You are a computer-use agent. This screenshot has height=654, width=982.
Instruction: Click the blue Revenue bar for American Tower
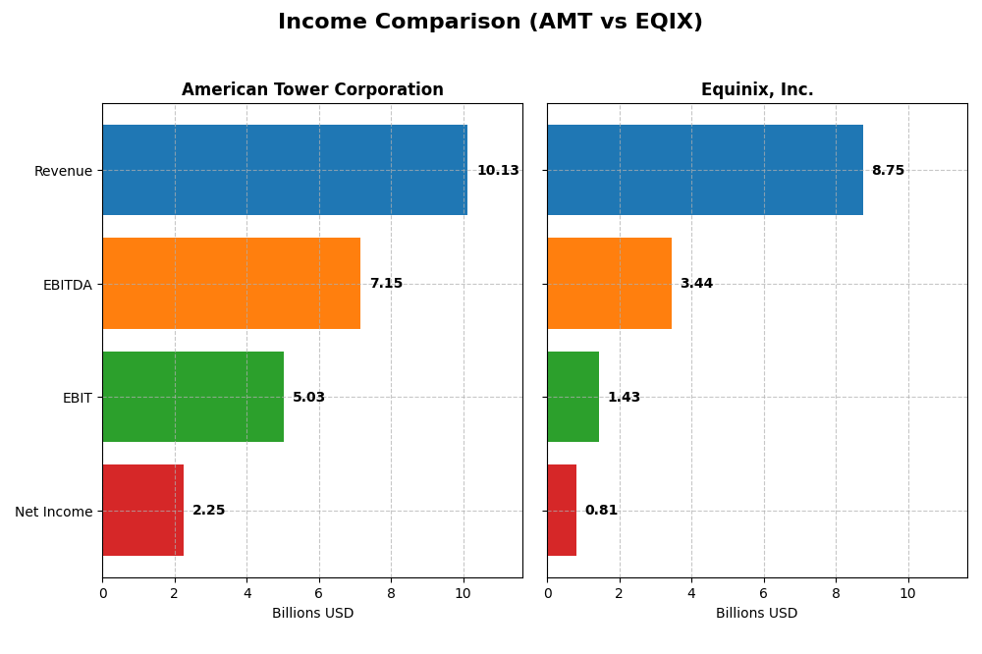(x=285, y=170)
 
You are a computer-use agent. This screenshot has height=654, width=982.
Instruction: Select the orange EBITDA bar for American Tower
(x=231, y=283)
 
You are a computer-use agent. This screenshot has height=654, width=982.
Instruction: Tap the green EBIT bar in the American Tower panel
(x=192, y=397)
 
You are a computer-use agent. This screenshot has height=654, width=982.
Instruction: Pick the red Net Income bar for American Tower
(x=142, y=510)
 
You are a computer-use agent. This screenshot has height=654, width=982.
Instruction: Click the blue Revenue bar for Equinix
(x=705, y=170)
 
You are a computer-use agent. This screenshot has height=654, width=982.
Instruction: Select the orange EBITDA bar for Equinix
(x=609, y=283)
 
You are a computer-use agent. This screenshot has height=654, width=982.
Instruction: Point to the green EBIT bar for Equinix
(x=573, y=397)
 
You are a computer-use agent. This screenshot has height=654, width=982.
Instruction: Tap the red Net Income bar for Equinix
(x=562, y=510)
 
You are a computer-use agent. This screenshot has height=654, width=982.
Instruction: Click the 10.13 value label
(x=498, y=171)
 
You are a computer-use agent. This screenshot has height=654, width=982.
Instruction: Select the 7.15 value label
(x=386, y=284)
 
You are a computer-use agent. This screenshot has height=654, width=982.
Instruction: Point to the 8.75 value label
(x=888, y=171)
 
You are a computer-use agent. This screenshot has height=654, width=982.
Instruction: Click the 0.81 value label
(x=601, y=511)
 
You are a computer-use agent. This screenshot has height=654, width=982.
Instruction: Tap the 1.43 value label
(x=624, y=398)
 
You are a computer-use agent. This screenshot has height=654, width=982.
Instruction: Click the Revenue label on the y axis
(x=63, y=171)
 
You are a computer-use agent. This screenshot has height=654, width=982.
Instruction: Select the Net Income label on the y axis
(x=53, y=512)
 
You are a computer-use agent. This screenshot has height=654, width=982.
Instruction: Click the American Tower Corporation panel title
(x=312, y=90)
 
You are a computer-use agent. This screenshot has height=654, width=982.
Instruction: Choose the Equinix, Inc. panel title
(x=757, y=90)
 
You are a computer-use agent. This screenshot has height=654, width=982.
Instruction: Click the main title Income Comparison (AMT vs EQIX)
(x=490, y=23)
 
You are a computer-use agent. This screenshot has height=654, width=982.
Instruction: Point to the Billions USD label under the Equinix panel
(x=756, y=614)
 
